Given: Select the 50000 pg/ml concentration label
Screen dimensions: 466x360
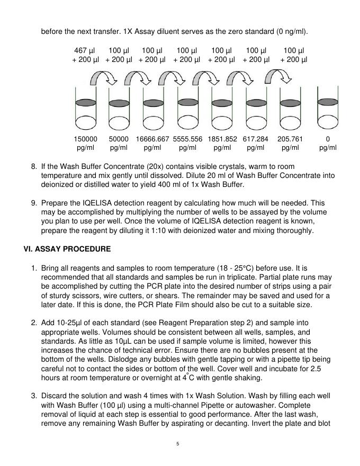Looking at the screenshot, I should [x=119, y=139].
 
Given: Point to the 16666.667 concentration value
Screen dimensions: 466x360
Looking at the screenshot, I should [x=152, y=139].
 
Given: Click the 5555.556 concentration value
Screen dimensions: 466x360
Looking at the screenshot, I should [x=187, y=139].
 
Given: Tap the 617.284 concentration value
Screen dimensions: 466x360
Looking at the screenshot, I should [x=256, y=139].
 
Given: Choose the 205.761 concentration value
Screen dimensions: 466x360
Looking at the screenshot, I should [x=290, y=139].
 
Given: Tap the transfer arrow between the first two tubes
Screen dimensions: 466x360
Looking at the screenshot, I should [x=103, y=79].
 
